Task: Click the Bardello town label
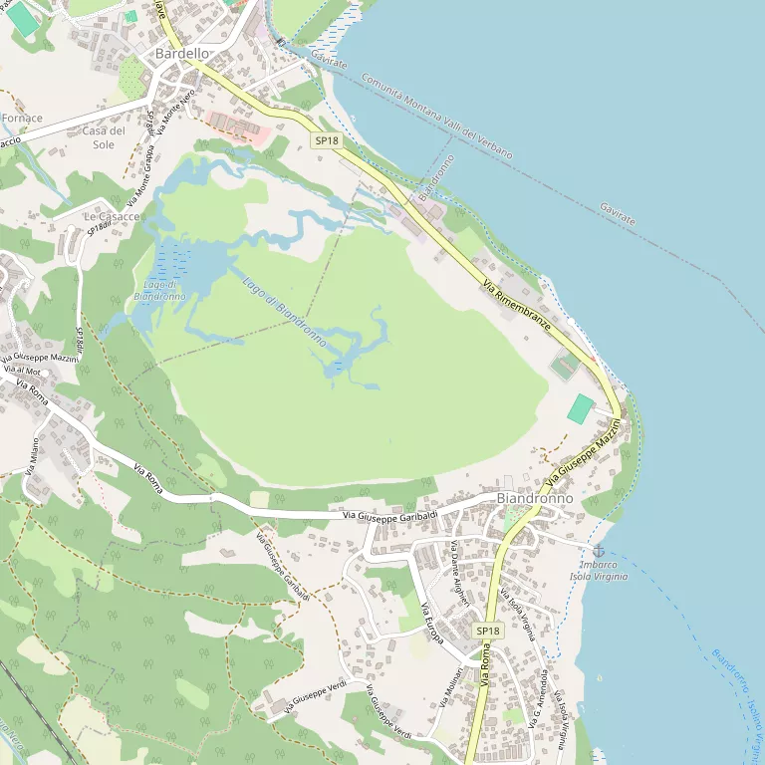(182, 53)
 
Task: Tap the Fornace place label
(22, 118)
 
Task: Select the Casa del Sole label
(104, 137)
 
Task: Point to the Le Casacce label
(111, 216)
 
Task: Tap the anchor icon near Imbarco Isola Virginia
(599, 551)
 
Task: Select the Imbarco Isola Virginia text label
(599, 570)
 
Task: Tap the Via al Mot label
(21, 370)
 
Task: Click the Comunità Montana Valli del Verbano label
(436, 117)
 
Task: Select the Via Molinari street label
(447, 688)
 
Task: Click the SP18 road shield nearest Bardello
(327, 140)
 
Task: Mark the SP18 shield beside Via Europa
(487, 631)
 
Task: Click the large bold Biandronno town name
(534, 497)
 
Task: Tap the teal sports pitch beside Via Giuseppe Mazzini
(580, 407)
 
